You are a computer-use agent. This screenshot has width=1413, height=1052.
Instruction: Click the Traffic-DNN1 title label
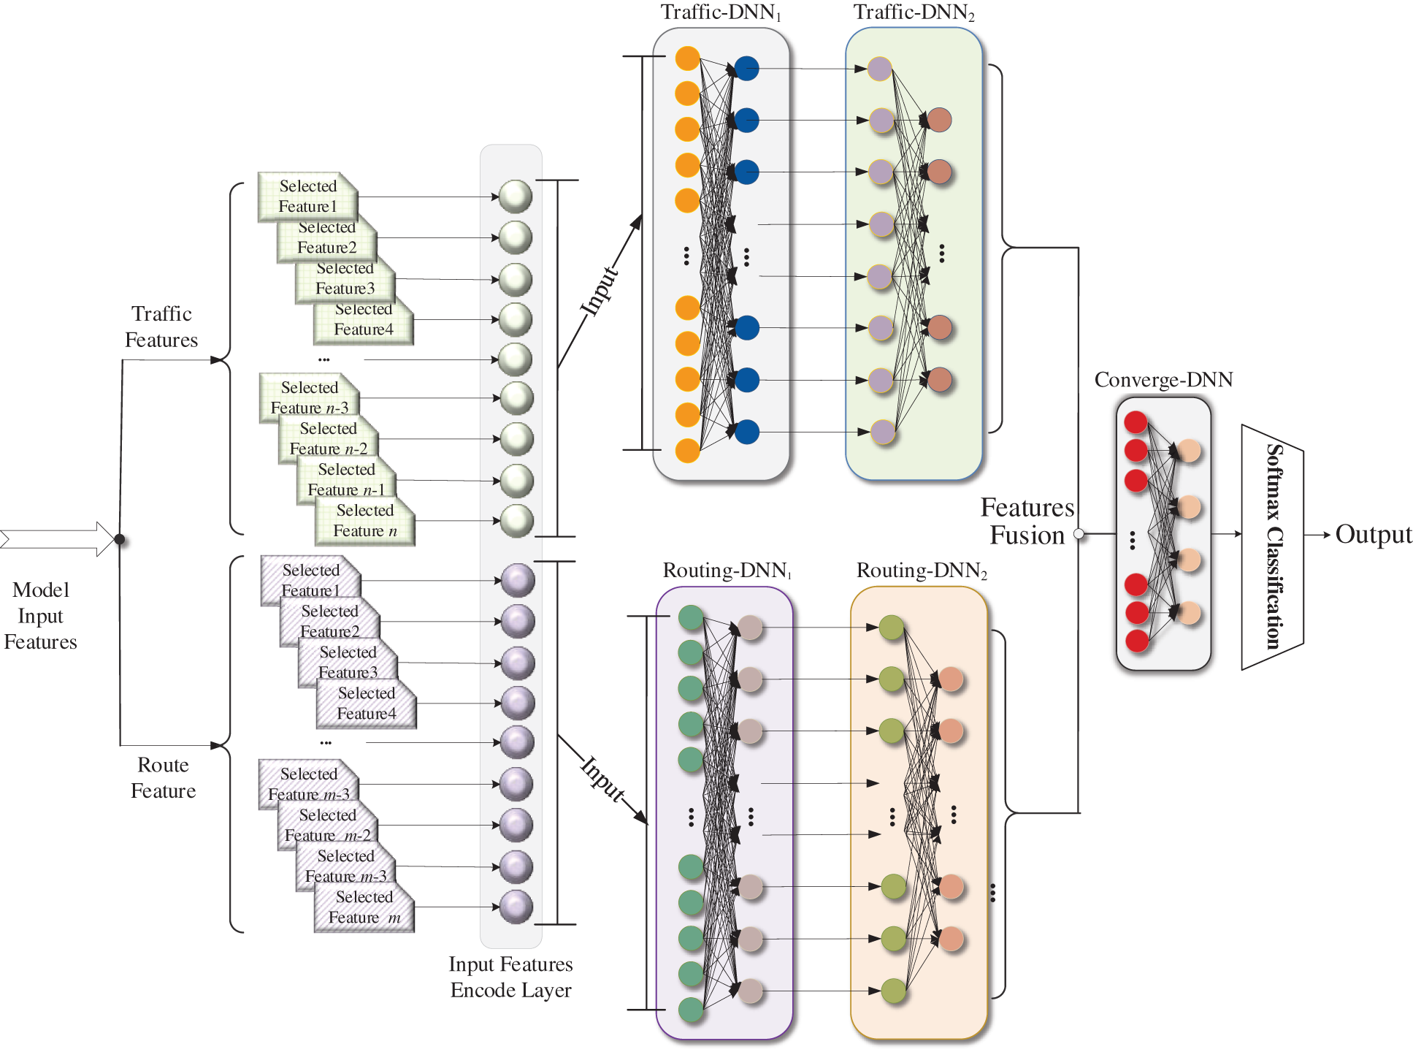click(721, 12)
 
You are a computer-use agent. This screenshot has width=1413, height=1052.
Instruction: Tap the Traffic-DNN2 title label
click(914, 12)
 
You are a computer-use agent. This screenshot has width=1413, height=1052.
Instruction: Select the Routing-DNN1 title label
click(727, 571)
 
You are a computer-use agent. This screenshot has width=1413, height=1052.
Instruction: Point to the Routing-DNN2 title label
click(922, 571)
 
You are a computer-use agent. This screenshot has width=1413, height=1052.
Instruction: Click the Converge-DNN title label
click(1163, 380)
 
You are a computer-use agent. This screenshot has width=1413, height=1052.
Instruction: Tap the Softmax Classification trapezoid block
click(1272, 546)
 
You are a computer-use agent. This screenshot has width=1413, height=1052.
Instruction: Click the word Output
click(1374, 535)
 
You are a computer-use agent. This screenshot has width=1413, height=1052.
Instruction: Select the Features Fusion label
click(1027, 522)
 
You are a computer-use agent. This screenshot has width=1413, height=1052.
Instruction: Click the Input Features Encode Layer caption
click(510, 977)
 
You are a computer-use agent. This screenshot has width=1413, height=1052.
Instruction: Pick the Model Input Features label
click(40, 616)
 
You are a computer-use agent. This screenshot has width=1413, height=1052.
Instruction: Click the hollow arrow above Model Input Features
click(58, 539)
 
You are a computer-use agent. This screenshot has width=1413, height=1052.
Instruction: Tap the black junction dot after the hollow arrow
click(120, 540)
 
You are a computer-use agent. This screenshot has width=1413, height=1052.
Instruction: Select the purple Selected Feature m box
click(364, 908)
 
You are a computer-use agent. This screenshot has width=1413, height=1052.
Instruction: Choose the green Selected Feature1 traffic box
click(307, 197)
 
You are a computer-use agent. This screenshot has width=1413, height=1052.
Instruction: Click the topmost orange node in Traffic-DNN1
click(687, 58)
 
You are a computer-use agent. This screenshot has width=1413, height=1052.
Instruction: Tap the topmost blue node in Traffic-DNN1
click(746, 69)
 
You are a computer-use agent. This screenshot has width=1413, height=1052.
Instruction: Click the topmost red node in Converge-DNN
click(1136, 422)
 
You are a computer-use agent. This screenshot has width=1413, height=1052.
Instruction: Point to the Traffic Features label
click(161, 327)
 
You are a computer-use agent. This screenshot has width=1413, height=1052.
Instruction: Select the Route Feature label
click(163, 778)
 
